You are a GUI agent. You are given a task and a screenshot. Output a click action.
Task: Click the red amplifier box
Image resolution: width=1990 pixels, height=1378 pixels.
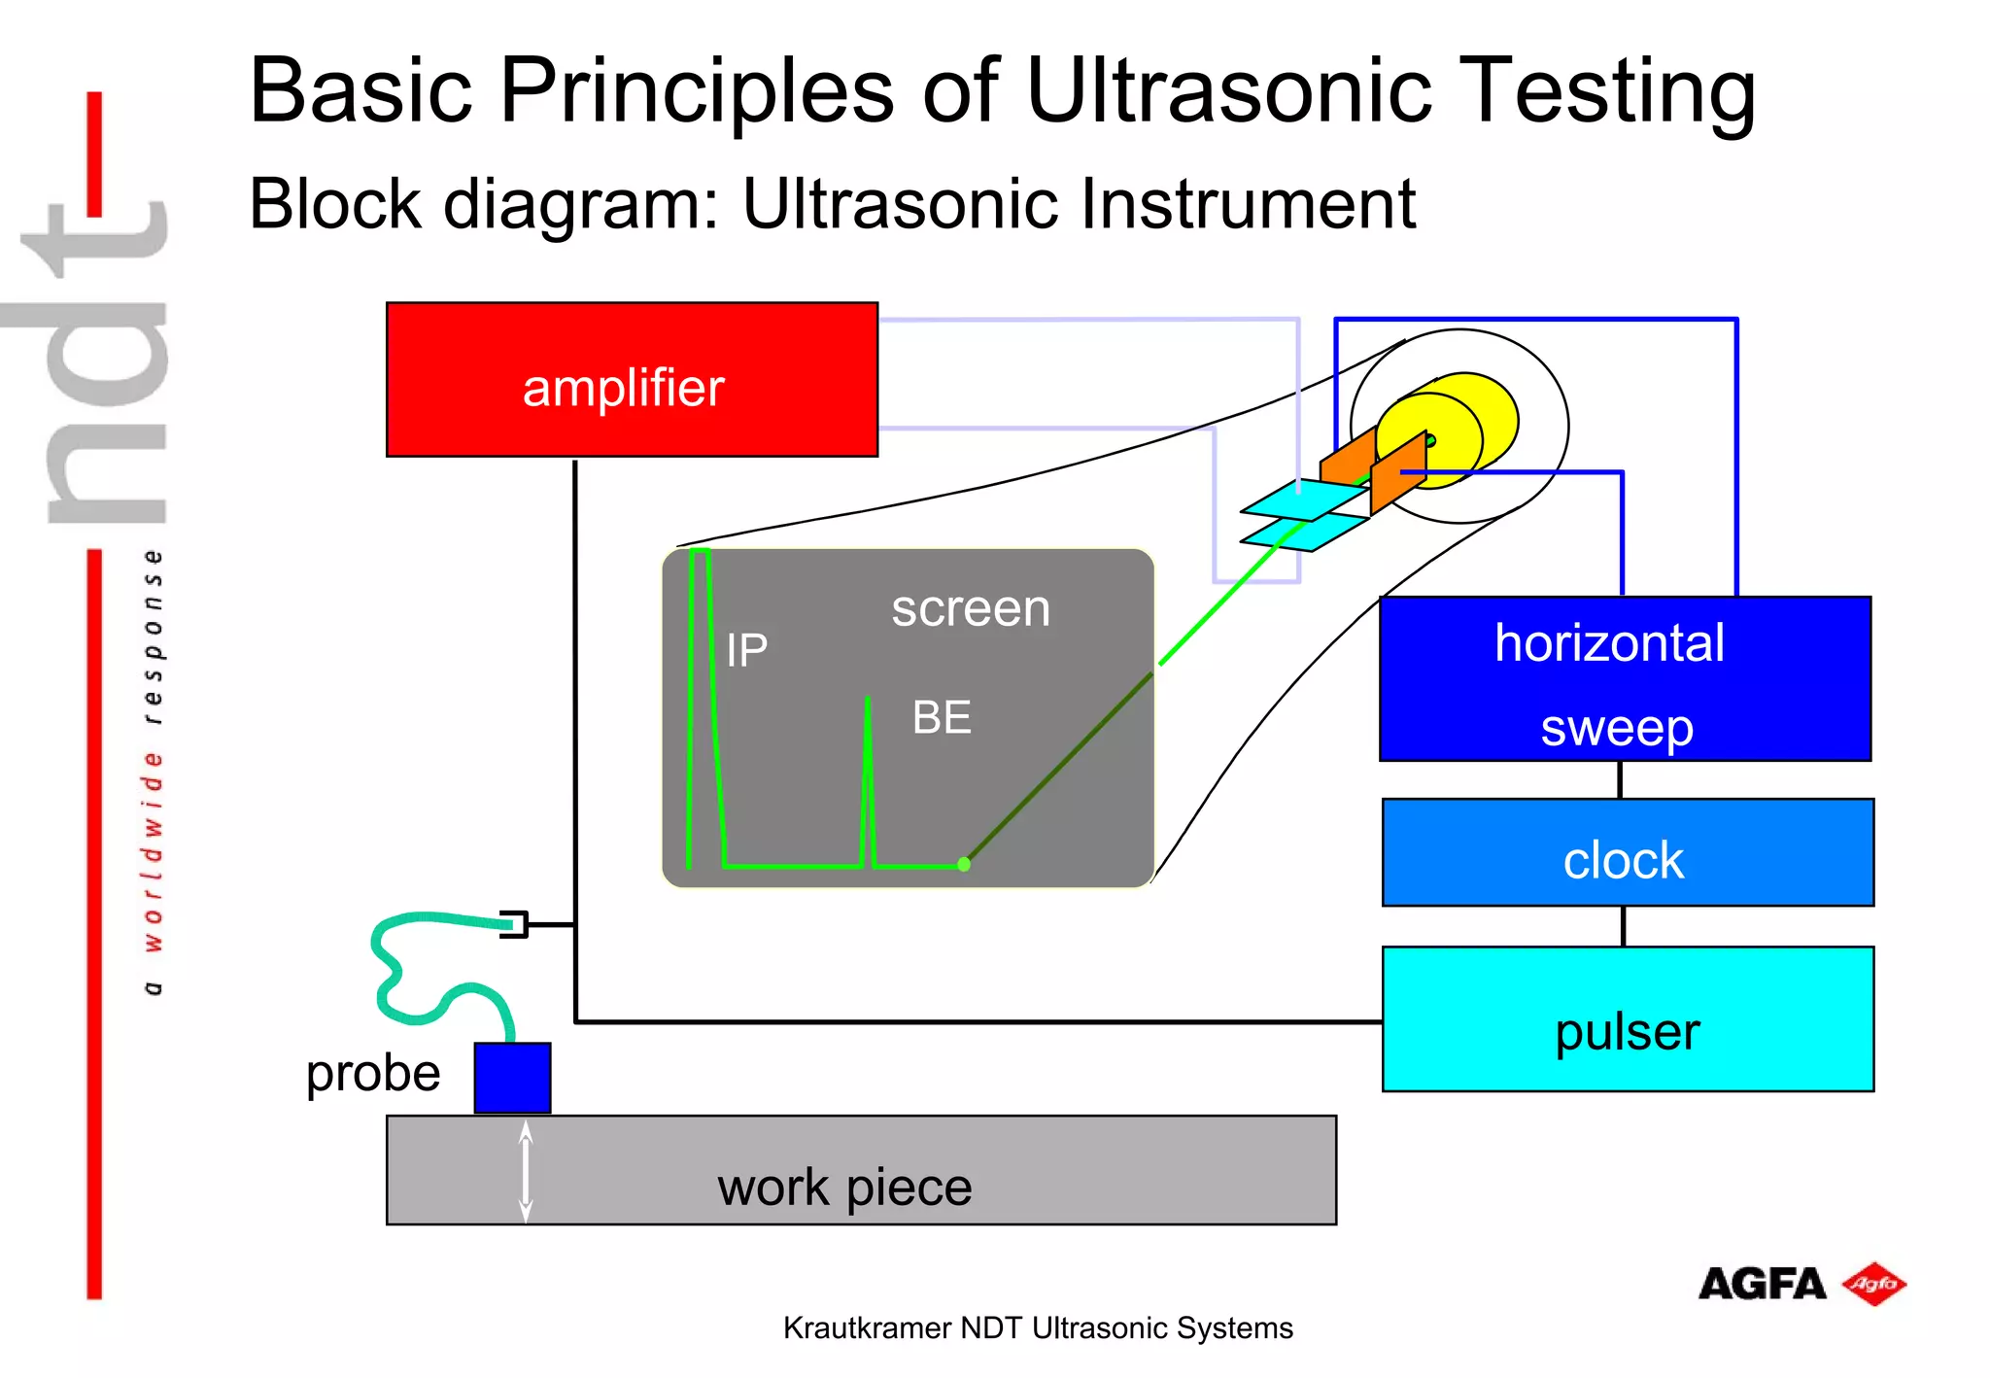pos(632,380)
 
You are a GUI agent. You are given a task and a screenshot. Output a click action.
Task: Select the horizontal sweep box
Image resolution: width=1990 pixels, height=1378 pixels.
pos(1625,679)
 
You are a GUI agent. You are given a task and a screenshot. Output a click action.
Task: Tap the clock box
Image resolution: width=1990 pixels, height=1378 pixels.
pos(1628,853)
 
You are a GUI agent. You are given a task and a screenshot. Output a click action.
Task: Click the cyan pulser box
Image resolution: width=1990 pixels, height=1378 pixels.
pos(1628,1019)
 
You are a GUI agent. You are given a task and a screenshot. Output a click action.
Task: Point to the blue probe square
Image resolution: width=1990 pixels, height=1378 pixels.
pos(512,1078)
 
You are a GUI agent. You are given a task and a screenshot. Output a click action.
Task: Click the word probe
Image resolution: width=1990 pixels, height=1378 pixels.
pos(373,1074)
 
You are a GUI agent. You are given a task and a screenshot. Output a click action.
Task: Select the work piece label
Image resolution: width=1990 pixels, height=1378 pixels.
pos(844,1188)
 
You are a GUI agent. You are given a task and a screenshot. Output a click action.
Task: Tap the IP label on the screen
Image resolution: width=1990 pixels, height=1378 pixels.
pos(746,650)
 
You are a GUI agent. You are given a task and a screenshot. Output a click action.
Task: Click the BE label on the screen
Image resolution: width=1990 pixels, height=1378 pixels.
pos(941,718)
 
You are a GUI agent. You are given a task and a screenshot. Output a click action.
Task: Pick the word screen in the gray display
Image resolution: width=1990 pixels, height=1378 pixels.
pos(971,609)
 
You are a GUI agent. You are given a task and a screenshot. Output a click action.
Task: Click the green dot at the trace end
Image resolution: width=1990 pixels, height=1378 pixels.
pos(964,864)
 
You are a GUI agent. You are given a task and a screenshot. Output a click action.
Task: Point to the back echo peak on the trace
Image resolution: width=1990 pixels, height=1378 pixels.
pos(867,705)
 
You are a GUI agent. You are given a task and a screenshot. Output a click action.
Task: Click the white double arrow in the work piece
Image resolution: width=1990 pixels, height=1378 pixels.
pos(526,1171)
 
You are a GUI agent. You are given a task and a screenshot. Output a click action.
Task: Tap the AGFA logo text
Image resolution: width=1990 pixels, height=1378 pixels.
pos(1762,1285)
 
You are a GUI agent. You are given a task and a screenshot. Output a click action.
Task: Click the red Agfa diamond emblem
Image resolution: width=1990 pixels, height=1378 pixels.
pos(1874,1285)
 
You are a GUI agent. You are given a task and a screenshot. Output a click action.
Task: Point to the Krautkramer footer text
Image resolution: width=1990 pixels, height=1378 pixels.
pos(1038,1328)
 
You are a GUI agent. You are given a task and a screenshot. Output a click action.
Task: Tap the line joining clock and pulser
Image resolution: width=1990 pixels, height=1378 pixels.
pos(1623,926)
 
